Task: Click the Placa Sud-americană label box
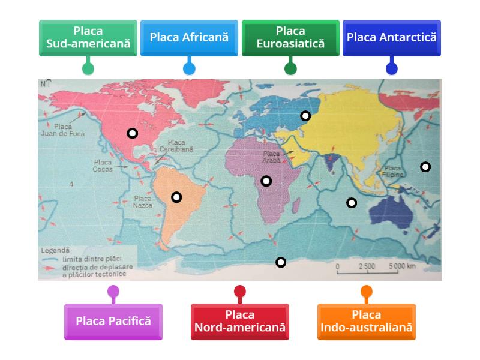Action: point(88,38)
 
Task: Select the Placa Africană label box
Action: point(189,38)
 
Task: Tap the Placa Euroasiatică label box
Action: point(290,38)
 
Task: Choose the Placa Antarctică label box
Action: point(392,38)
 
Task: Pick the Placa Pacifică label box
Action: point(113,321)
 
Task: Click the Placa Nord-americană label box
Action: point(240,321)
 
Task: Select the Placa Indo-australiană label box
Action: point(367,321)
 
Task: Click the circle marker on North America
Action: point(132,133)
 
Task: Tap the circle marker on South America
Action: point(176,197)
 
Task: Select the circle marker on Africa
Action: point(266,181)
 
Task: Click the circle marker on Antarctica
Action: point(280,262)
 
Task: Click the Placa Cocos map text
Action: point(103,166)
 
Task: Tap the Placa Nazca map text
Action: point(143,202)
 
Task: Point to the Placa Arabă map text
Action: point(272,157)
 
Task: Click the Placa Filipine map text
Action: point(393,172)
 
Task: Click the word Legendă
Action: point(55,250)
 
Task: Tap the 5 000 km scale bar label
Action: point(401,266)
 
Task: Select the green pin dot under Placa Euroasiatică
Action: point(290,68)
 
